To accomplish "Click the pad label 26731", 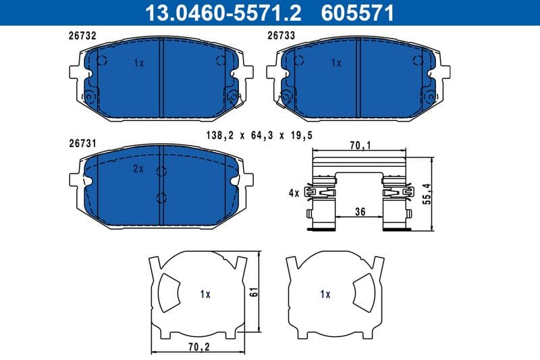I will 82,143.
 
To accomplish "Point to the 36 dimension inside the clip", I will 360,211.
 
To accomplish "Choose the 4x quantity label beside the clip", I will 293,193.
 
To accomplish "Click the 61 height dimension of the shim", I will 254,293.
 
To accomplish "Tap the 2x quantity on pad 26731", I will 138,170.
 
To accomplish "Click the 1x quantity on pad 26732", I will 138,63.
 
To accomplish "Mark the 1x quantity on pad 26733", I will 336,63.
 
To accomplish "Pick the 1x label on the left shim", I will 205,294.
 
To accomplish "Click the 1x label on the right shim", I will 325,294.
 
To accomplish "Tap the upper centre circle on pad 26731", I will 161,171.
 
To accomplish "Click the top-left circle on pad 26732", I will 102,61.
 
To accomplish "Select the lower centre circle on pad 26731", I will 161,198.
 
